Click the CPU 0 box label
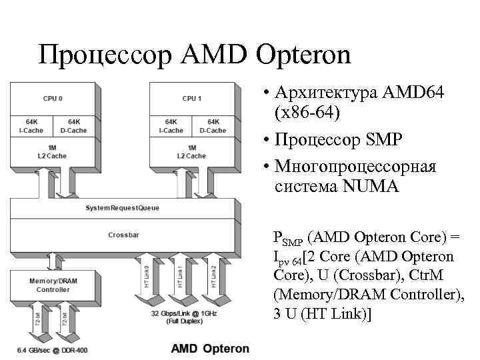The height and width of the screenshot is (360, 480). click(53, 99)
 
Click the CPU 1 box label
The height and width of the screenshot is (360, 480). click(193, 99)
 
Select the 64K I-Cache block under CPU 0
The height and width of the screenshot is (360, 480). click(32, 126)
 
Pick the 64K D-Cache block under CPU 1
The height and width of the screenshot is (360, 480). click(213, 126)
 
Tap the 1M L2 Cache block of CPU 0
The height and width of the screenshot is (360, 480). click(52, 151)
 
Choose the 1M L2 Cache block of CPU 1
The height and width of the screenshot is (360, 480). click(191, 151)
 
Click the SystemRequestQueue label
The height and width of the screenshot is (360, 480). click(123, 208)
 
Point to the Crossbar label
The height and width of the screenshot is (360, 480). click(123, 235)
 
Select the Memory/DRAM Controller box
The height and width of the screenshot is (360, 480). click(53, 285)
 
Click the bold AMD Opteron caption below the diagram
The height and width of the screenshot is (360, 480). click(211, 349)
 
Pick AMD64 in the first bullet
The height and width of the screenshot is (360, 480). click(412, 93)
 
